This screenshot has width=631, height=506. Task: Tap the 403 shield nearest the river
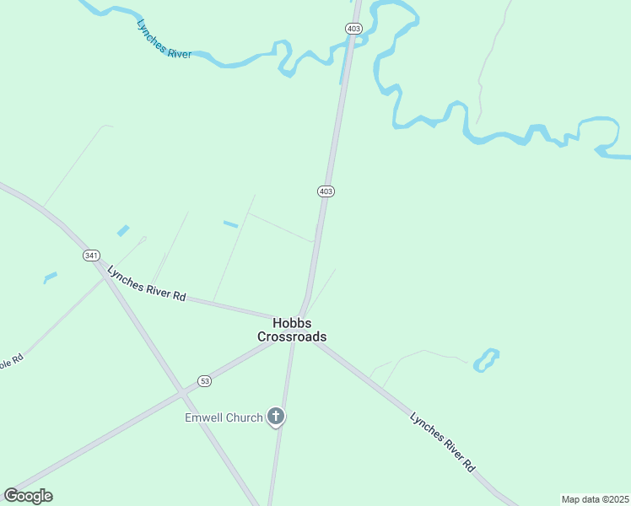[353, 29]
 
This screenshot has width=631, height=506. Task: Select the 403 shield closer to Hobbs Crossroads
[326, 191]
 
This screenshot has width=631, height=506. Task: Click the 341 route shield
[91, 255]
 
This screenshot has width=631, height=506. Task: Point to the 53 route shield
[205, 381]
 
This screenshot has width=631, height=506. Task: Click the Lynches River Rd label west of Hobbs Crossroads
[146, 283]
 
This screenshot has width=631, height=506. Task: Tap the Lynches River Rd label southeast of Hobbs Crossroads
[443, 441]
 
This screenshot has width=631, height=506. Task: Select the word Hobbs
[292, 323]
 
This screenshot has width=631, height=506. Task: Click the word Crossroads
[292, 336]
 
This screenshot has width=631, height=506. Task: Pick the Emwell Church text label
[224, 417]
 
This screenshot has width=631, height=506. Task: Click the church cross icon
[275, 417]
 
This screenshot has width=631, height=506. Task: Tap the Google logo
[28, 496]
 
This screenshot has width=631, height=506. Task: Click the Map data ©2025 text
[595, 499]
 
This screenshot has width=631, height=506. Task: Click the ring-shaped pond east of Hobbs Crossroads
[486, 360]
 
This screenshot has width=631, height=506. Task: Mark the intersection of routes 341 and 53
[181, 393]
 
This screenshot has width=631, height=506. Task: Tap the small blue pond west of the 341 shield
[50, 276]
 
